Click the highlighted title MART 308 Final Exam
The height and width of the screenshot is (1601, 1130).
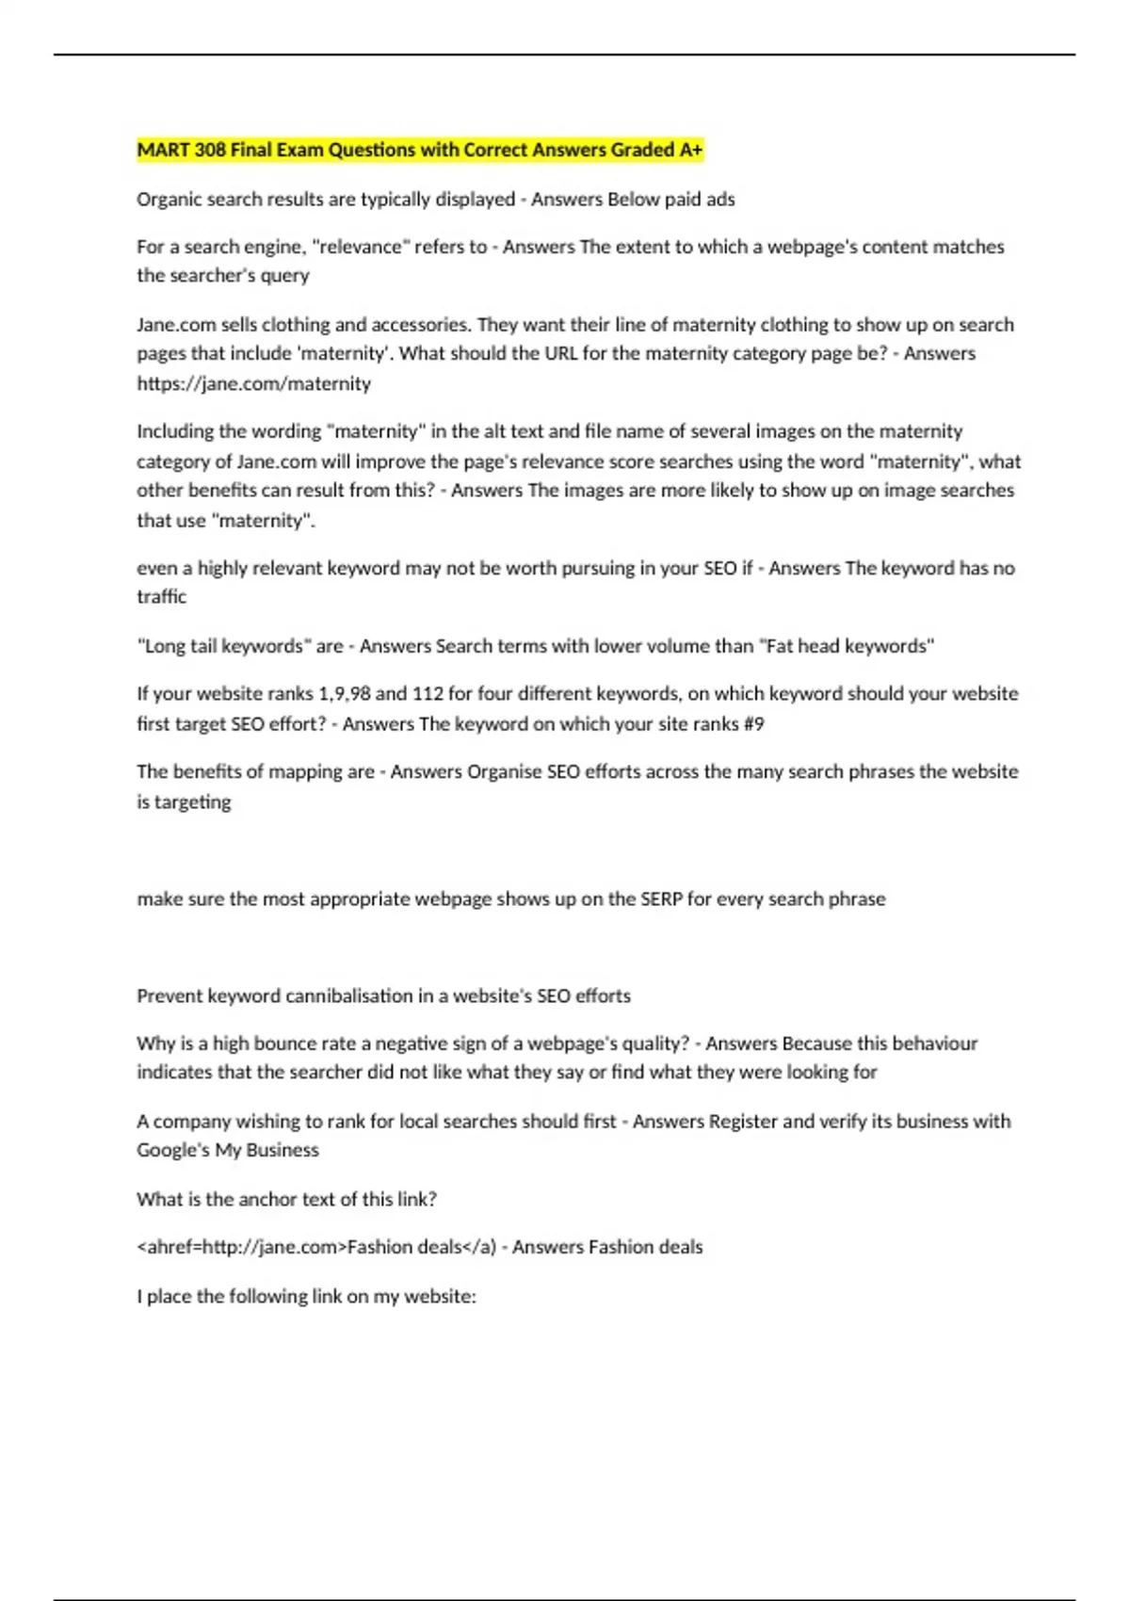coord(419,150)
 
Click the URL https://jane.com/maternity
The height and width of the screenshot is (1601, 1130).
coord(253,383)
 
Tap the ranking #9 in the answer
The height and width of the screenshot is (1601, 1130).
coord(752,724)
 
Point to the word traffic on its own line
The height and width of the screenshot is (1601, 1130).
coord(161,596)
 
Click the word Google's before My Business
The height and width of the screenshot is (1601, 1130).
coord(173,1150)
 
